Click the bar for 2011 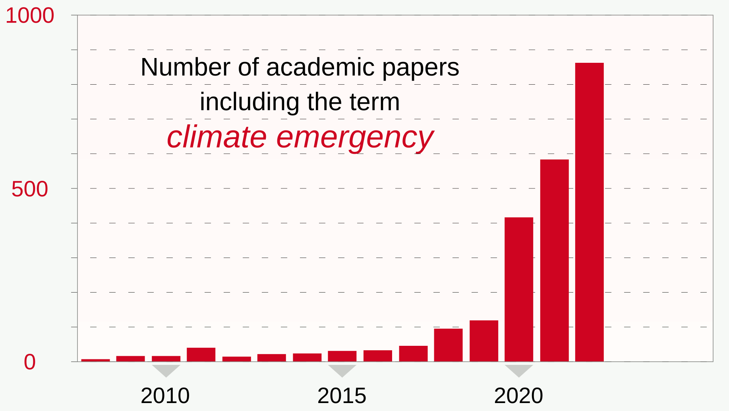pyautogui.click(x=201, y=355)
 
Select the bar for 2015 pyautogui.click(x=342, y=356)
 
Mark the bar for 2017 pyautogui.click(x=413, y=353)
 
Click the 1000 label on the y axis pyautogui.click(x=30, y=16)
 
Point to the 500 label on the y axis pyautogui.click(x=30, y=189)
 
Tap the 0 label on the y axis pyautogui.click(x=30, y=362)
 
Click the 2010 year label pyautogui.click(x=165, y=396)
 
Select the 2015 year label pyautogui.click(x=342, y=396)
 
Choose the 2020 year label pyautogui.click(x=518, y=396)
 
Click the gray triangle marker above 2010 pyautogui.click(x=166, y=370)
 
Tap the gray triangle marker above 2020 pyautogui.click(x=519, y=370)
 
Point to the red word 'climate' pyautogui.click(x=217, y=137)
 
